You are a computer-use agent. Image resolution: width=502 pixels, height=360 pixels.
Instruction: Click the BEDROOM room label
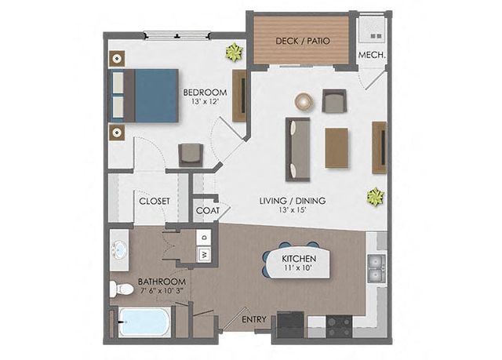pos(205,93)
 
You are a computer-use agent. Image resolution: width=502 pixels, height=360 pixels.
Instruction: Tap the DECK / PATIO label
pos(303,41)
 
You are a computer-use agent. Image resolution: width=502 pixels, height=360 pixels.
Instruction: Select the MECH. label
pos(371,55)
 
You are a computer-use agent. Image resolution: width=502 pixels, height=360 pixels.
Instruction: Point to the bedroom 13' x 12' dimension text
pos(205,102)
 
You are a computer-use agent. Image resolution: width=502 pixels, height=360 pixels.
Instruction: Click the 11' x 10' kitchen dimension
pos(298,267)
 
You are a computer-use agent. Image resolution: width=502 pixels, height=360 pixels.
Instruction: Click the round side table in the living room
pos(304,102)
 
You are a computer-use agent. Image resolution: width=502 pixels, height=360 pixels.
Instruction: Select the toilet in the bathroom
pos(122,289)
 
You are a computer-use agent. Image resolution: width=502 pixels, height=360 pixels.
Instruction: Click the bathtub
pos(144,322)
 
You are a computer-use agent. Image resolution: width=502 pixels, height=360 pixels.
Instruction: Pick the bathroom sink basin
pos(120,250)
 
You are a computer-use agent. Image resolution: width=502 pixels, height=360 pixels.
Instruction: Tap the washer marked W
pos(204,255)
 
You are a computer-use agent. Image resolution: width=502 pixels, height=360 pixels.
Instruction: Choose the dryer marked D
pos(204,238)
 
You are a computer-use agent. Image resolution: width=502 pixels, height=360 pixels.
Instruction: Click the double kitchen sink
pos(376,268)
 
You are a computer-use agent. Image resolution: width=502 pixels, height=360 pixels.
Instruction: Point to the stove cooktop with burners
pos(339,326)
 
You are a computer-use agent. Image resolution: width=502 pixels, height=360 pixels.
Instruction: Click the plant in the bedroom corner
pos(235,53)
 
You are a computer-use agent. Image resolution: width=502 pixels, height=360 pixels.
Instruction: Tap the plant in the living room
pos(375,197)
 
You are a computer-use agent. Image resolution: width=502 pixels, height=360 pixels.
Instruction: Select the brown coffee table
pos(336,147)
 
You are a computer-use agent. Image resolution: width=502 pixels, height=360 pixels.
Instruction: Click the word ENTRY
pos(254,319)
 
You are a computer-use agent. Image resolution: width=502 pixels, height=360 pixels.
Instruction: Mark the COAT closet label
pos(208,210)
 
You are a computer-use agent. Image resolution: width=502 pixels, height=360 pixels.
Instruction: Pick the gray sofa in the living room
pos(298,149)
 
